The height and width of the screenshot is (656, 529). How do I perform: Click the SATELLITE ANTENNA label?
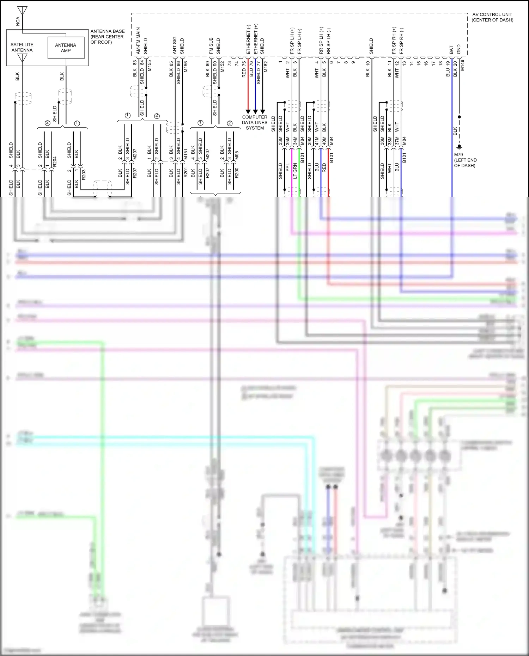click(22, 47)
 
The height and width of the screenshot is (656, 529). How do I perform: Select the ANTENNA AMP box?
click(66, 48)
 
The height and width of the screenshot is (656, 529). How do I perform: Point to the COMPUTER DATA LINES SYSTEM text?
click(255, 122)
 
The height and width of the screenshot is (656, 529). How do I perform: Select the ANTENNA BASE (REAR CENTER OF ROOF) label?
click(107, 37)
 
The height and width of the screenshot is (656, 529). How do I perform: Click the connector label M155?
click(150, 66)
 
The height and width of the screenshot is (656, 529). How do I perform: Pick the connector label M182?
click(266, 67)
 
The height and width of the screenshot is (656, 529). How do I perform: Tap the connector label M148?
click(462, 65)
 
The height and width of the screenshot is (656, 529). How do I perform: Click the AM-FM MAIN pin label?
click(138, 41)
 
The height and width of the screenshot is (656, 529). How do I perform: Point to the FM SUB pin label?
click(211, 46)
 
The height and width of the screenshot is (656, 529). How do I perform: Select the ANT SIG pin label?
click(175, 45)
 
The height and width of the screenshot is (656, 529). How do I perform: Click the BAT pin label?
click(451, 50)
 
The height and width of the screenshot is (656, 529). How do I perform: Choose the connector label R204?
click(55, 162)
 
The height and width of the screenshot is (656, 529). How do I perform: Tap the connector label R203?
click(84, 175)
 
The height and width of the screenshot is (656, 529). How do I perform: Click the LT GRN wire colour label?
click(295, 170)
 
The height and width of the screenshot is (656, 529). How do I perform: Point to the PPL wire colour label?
click(288, 167)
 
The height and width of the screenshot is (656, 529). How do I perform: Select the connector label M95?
click(237, 155)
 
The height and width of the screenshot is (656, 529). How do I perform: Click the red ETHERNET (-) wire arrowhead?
click(248, 111)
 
